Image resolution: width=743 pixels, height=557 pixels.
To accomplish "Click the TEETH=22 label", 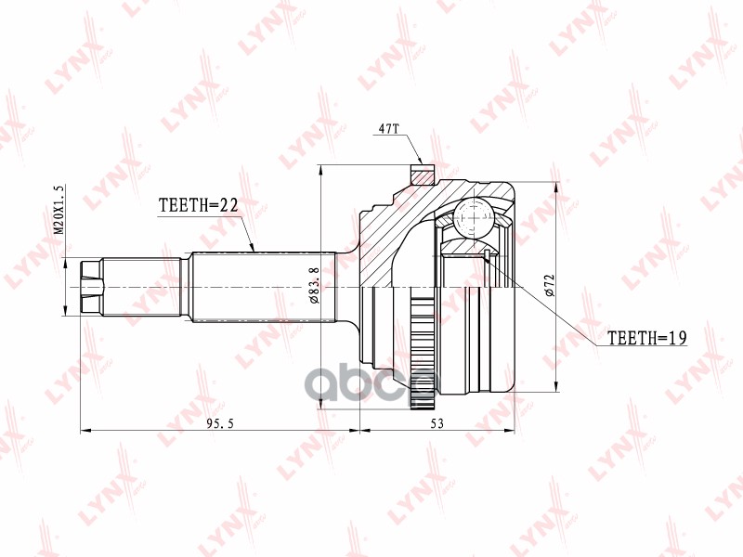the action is pos(198,205).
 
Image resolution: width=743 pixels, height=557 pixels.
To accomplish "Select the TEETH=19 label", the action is pos(646,338).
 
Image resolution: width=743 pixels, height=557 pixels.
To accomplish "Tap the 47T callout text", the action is pos(389,128).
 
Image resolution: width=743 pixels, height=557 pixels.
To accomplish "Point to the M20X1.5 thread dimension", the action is pos(59,209).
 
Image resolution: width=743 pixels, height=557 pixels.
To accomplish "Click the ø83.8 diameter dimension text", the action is pos(313,285).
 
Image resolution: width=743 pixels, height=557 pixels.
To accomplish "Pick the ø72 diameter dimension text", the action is pos(550,285).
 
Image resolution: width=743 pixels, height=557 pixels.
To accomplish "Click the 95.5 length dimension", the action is pos(220,423).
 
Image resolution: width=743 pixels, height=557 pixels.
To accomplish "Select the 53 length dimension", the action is pos(437,423).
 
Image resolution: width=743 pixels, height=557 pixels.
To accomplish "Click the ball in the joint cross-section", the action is pos(475,217).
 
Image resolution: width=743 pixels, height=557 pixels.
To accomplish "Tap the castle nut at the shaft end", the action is pos(91,287).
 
